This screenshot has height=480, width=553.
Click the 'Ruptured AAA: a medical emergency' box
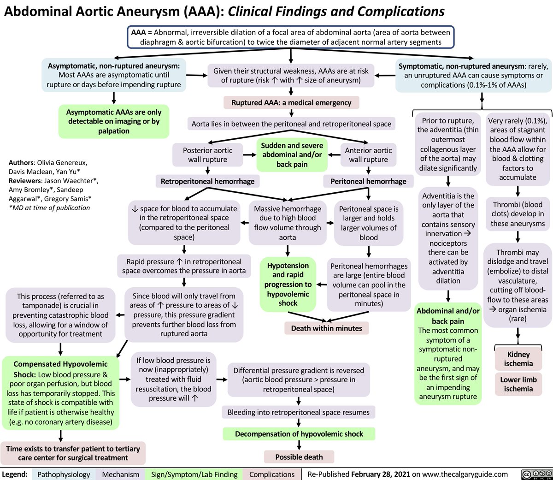click(x=291, y=102)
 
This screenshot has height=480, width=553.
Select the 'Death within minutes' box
click(x=326, y=328)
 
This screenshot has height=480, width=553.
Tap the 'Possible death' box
click(x=299, y=457)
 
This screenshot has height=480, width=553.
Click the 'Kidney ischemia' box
click(x=518, y=359)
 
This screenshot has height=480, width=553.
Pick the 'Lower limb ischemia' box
click(x=518, y=384)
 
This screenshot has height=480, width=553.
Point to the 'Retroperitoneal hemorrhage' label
click(x=207, y=181)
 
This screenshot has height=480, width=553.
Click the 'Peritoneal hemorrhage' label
click(x=368, y=181)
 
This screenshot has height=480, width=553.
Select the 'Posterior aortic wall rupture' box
click(x=208, y=155)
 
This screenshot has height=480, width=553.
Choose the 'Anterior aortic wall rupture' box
click(x=368, y=155)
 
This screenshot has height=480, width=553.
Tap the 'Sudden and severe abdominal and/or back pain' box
click(x=292, y=155)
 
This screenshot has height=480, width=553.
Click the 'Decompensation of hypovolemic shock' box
click(x=299, y=434)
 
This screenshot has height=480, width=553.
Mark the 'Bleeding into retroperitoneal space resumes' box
click(x=299, y=412)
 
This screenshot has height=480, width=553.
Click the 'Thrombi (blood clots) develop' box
click(x=518, y=214)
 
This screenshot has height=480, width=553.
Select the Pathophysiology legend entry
click(x=64, y=474)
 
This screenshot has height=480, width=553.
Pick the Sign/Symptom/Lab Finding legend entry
click(x=194, y=474)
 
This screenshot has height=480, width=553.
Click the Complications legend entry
click(x=272, y=474)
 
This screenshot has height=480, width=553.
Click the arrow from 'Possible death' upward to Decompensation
click(x=299, y=445)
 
